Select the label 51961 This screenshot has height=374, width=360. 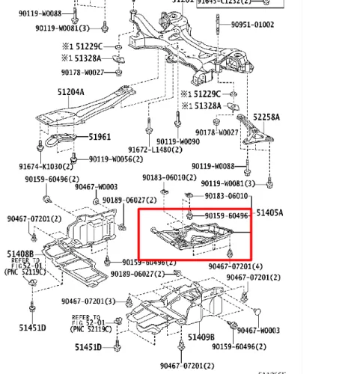(x=100, y=137)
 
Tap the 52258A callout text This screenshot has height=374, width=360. (x=266, y=117)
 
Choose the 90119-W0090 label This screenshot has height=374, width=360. (x=179, y=141)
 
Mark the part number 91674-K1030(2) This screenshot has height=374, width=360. (x=41, y=166)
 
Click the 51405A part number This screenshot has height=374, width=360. (x=270, y=213)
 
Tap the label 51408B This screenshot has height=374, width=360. (x=20, y=254)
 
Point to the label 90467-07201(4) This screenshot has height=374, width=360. (x=235, y=266)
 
